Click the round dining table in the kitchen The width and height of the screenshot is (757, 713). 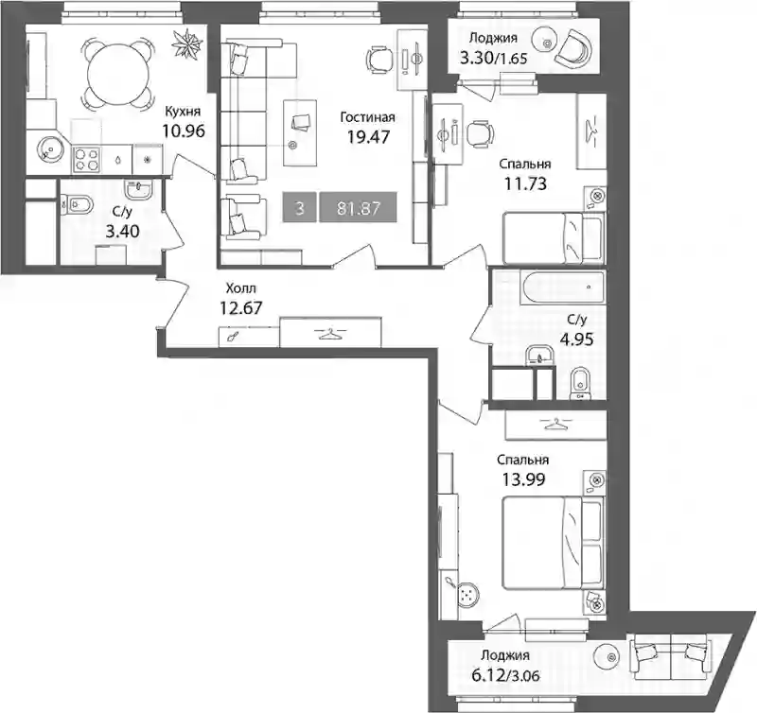tap(116, 73)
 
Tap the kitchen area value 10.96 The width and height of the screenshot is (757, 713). tap(184, 130)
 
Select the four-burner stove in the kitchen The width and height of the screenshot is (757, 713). tap(86, 159)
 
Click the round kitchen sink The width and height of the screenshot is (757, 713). tap(50, 148)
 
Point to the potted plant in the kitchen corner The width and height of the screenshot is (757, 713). tap(187, 43)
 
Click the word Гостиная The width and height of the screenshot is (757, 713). tap(367, 117)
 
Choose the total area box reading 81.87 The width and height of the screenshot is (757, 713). tap(359, 207)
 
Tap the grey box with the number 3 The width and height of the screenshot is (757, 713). tap(299, 207)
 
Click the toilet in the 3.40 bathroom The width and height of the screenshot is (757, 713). tap(77, 205)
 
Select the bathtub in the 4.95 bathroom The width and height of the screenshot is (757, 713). tap(562, 287)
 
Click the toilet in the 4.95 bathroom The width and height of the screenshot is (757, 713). tap(581, 384)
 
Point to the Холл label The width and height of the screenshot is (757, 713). tap(241, 288)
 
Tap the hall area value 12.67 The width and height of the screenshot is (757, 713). tap(241, 307)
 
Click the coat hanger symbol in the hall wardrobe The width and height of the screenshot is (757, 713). tap(330, 333)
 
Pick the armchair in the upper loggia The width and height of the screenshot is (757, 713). tap(573, 48)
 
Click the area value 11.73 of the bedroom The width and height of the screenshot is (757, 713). tap(525, 183)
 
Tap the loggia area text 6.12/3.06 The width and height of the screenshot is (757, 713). tap(505, 675)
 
